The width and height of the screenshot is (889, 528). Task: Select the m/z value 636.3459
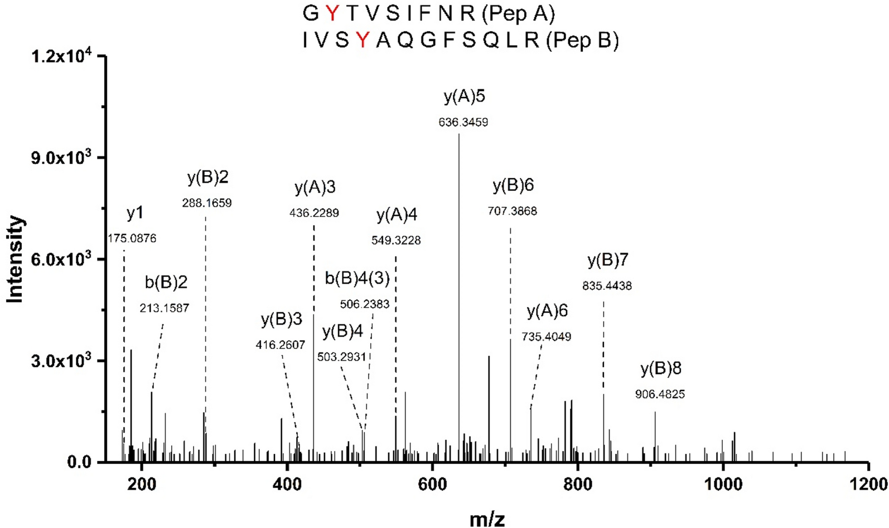[x=463, y=122]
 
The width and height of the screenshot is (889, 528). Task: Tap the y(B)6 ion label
[x=513, y=186]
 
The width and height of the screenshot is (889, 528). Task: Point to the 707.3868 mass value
[x=513, y=211]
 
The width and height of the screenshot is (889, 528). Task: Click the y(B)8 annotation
[x=661, y=369]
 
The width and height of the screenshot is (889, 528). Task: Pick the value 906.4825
[x=660, y=394]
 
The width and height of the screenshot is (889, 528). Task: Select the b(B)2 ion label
[x=166, y=283]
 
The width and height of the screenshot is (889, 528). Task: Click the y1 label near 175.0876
[x=135, y=213]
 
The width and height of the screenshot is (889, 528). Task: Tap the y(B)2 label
[x=208, y=178]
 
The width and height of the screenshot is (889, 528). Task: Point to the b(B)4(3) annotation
[x=357, y=278]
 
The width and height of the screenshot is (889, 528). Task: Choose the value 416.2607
[x=281, y=345]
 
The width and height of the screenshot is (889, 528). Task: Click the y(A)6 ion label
[x=547, y=311]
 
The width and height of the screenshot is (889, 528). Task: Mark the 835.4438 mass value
[x=607, y=286]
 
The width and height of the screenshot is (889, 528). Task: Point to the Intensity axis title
[x=15, y=259]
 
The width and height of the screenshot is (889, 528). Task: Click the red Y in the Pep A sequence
[x=332, y=13]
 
